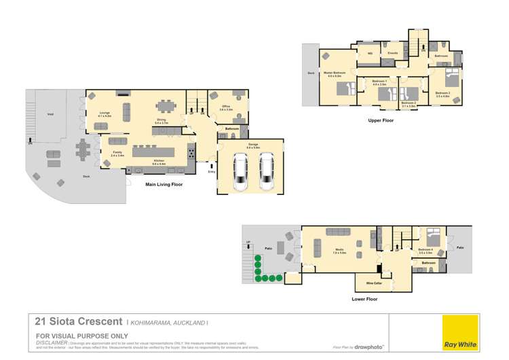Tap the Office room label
click(x=225, y=107)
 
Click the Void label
click(x=50, y=114)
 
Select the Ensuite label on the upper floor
click(x=392, y=53)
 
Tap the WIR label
click(x=370, y=53)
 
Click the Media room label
click(x=337, y=251)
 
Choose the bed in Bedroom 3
click(x=451, y=76)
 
